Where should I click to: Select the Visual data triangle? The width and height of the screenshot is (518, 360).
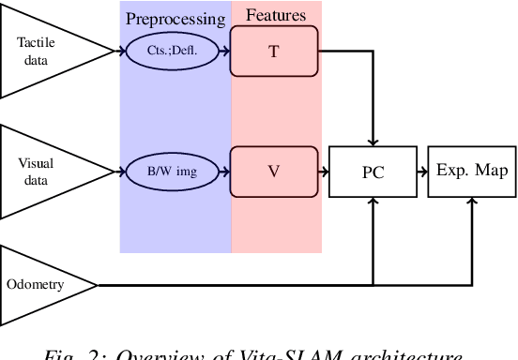coord(38,171)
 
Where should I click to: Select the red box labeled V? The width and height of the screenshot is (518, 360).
coord(274,171)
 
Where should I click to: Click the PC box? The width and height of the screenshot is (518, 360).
coord(373,172)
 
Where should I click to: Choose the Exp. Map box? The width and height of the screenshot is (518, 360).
coord(472,171)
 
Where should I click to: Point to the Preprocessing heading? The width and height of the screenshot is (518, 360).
coord(175,18)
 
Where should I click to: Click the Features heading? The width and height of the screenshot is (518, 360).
coord(275,16)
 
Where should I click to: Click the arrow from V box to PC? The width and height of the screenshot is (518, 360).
coord(323,172)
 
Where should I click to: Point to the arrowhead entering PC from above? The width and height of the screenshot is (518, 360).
coord(373,141)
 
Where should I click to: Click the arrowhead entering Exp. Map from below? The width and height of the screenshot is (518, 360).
coord(472,202)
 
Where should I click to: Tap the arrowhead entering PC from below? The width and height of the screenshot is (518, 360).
coord(373,202)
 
